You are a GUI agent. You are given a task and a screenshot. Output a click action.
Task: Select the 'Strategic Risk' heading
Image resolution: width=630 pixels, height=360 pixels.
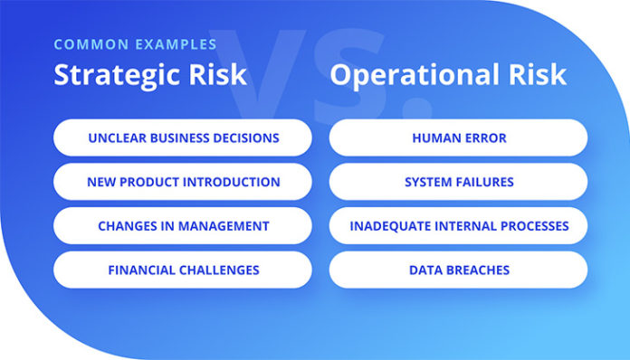149,74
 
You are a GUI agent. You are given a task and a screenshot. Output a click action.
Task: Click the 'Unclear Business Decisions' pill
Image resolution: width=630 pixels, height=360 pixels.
183,138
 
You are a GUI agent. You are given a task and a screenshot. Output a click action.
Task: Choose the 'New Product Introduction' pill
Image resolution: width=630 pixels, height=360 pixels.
183,182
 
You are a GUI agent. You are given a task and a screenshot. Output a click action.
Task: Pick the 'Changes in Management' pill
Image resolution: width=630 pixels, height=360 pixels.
183,226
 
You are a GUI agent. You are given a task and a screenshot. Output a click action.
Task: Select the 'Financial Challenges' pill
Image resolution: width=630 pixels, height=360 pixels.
183,270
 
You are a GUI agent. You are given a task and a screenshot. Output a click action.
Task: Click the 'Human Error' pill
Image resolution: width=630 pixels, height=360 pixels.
458,138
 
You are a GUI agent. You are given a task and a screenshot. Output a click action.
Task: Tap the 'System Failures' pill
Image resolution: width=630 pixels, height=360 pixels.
458,182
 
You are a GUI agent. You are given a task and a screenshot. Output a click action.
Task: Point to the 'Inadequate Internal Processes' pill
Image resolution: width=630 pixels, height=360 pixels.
458,226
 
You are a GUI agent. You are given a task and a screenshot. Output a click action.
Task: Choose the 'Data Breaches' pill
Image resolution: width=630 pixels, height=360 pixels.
458,270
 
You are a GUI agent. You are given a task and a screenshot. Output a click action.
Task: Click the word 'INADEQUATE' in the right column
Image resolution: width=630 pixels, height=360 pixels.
390,226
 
